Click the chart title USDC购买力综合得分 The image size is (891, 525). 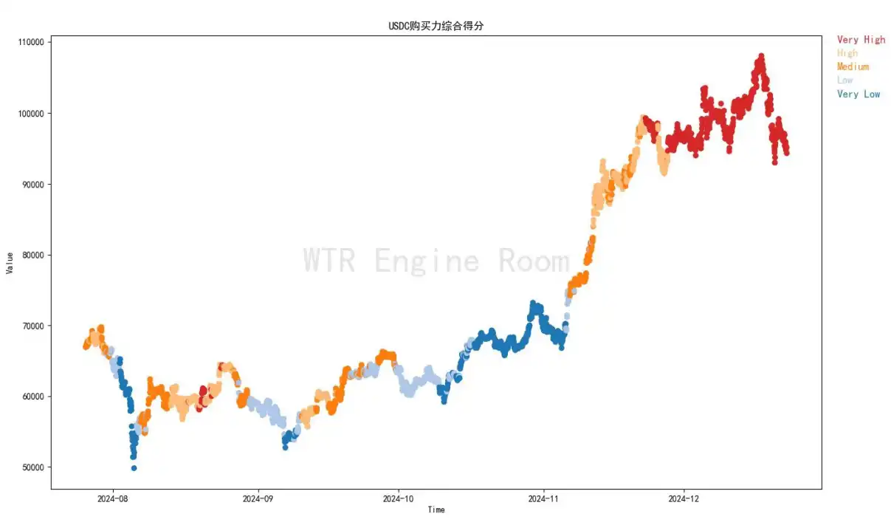coord(436,26)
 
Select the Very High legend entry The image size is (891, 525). coord(861,40)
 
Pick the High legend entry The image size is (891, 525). coord(847,53)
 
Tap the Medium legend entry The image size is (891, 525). coord(853,66)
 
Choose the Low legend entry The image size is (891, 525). coord(844,80)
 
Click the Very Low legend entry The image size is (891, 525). coord(859,94)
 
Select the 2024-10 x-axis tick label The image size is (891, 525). coord(399,498)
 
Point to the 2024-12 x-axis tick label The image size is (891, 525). coord(684,498)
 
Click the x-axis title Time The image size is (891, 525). coord(436,509)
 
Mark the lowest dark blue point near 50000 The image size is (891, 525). coord(134,467)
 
